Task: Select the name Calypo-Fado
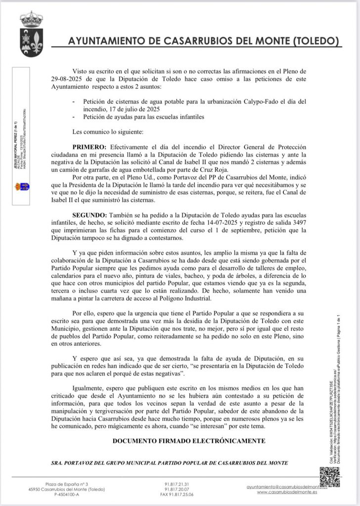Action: [257, 101]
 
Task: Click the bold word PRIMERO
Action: [89, 148]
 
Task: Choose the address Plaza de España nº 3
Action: [67, 484]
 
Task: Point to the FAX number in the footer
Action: [179, 494]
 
